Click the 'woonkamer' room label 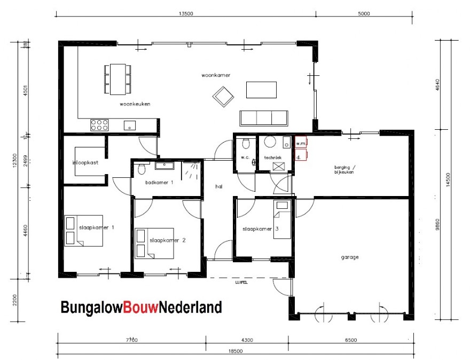click(x=216, y=75)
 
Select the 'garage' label click(x=350, y=257)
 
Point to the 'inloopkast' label click(x=85, y=163)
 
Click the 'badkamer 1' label click(x=159, y=183)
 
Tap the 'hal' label click(x=218, y=187)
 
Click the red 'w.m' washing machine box click(x=301, y=143)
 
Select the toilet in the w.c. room click(x=245, y=144)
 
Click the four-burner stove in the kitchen click(x=99, y=125)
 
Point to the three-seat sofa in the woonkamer click(x=263, y=117)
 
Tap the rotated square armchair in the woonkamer click(x=223, y=96)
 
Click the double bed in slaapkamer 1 click(x=83, y=231)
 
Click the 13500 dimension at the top click(x=184, y=14)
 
